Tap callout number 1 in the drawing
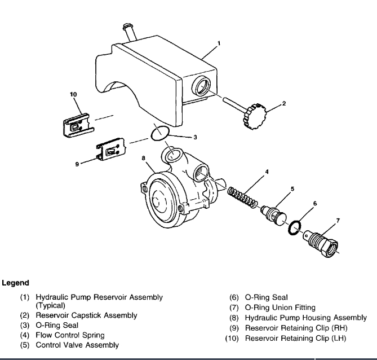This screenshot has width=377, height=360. tap(219, 43)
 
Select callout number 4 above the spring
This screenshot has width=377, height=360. tap(266, 172)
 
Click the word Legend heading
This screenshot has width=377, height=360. tap(16, 282)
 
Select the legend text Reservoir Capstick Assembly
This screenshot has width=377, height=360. tap(86, 315)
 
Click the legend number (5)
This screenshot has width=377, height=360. tap(25, 344)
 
